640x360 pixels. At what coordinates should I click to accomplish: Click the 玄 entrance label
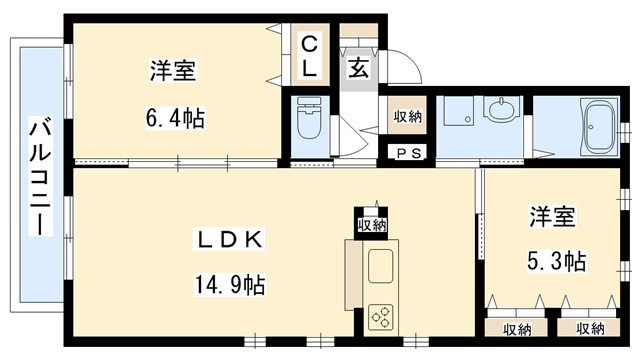tap(357, 68)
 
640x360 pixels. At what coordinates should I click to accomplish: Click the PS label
tap(408, 153)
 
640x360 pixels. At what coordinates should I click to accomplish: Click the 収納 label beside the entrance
tap(407, 116)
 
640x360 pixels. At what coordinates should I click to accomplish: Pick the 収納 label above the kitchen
tap(371, 224)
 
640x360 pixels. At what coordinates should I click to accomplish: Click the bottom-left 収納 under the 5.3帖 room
tap(517, 328)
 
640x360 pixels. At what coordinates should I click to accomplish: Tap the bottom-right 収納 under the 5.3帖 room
tap(589, 328)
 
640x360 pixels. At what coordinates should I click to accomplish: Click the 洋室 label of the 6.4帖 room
tap(172, 71)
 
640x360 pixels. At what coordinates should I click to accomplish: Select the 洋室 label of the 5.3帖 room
tap(553, 216)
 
